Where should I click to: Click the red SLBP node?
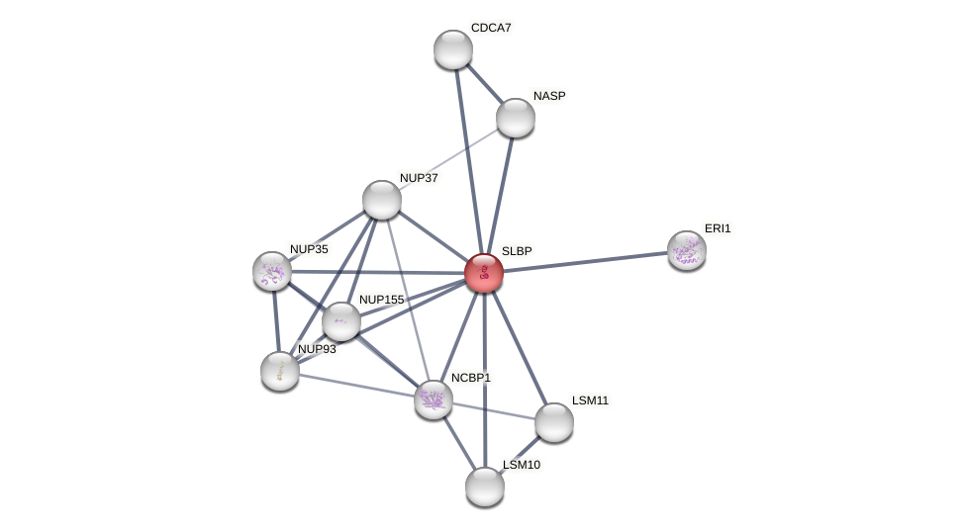click(x=484, y=273)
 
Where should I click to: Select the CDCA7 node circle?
click(x=453, y=49)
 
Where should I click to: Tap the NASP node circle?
click(x=516, y=118)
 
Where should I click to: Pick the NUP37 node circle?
click(x=382, y=200)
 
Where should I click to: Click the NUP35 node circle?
click(x=272, y=271)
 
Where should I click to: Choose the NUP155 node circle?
click(x=341, y=321)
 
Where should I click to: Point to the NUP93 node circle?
click(x=280, y=371)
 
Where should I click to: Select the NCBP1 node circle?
click(x=434, y=399)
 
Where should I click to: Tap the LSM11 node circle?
click(x=554, y=422)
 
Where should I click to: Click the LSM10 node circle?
click(x=485, y=486)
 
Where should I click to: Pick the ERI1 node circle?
click(x=687, y=250)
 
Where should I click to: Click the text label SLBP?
click(x=517, y=251)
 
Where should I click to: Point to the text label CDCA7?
click(x=491, y=28)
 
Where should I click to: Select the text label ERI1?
click(x=718, y=228)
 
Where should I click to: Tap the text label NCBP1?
click(x=471, y=378)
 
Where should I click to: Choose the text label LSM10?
click(x=522, y=465)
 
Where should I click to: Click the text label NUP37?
click(x=419, y=178)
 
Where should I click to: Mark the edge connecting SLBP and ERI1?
click(x=585, y=262)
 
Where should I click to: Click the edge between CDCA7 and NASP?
click(x=485, y=84)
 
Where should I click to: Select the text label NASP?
click(x=549, y=96)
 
